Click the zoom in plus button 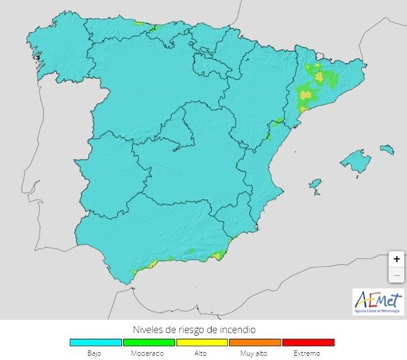[396, 258]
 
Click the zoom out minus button [396, 274]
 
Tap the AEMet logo [378, 302]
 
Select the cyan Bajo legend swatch [96, 342]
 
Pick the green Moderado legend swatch [149, 342]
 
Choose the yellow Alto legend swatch [202, 342]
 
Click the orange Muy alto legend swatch [255, 342]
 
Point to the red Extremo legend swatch [308, 342]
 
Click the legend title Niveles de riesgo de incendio [202, 329]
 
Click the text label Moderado [149, 353]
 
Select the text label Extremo [308, 353]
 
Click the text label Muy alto [255, 353]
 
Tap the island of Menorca [387, 150]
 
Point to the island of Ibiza [316, 185]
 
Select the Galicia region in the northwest [56, 53]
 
